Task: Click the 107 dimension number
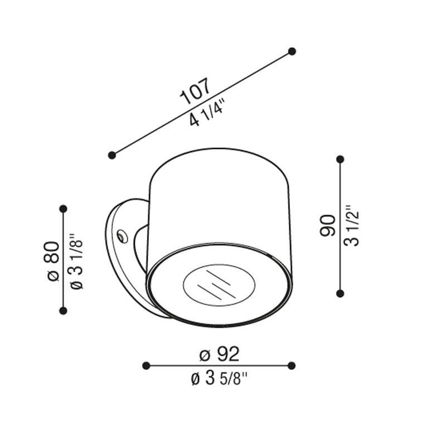(196, 91)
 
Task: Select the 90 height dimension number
(327, 226)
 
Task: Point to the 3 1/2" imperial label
(352, 226)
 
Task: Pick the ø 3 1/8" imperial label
(76, 261)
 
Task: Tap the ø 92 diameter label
(219, 355)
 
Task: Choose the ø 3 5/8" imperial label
(219, 379)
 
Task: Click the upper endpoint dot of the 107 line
(292, 51)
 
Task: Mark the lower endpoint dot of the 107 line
(112, 155)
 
